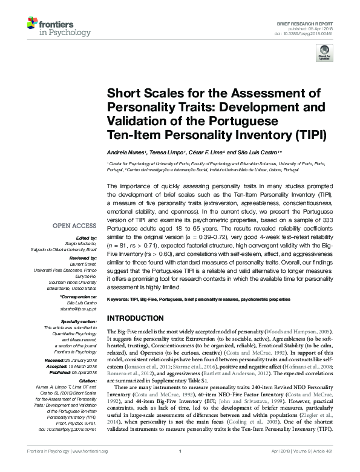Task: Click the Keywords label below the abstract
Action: [x=120, y=300]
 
